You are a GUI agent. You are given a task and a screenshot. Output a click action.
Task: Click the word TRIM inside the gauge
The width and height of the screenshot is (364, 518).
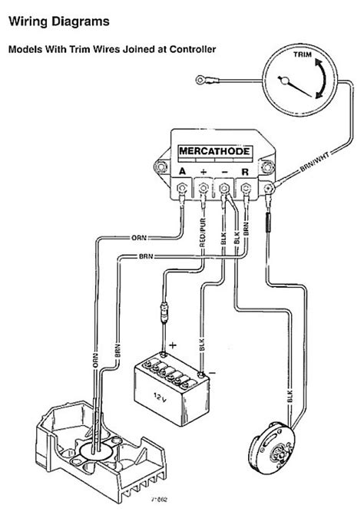(302, 55)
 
